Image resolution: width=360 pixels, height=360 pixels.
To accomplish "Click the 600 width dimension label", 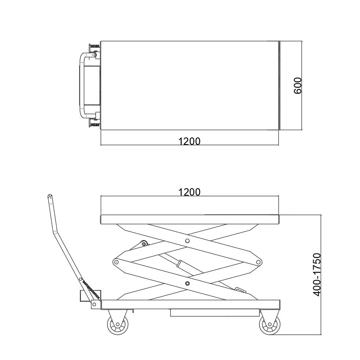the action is [x=298, y=86].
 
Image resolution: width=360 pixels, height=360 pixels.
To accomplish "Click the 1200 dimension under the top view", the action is [x=189, y=141].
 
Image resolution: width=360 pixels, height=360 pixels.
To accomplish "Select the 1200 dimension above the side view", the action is [x=189, y=192].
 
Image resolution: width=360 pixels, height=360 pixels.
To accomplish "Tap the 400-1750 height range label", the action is [x=317, y=274].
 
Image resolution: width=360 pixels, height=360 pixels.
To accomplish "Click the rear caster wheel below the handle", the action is [x=118, y=324].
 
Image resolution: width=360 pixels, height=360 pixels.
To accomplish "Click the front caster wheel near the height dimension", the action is [x=270, y=324].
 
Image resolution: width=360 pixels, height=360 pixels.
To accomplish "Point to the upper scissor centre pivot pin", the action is [x=187, y=241].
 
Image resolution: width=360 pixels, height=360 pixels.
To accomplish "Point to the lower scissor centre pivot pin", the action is [x=187, y=283].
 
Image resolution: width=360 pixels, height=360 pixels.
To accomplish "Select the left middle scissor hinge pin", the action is [x=116, y=262].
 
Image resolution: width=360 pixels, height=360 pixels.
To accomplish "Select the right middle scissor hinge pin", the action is [x=258, y=262].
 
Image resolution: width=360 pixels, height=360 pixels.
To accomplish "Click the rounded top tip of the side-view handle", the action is [x=50, y=196].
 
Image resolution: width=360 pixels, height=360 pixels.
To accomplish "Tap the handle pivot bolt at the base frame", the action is [x=94, y=305].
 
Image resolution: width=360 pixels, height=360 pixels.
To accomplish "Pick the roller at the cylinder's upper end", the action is [x=144, y=244].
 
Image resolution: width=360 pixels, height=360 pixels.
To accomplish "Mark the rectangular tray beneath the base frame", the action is [x=215, y=313].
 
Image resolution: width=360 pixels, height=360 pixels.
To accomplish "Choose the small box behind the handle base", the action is [x=90, y=296].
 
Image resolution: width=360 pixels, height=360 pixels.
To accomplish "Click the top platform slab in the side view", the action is [x=190, y=219].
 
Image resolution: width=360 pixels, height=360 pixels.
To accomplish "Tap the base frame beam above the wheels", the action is [x=191, y=305].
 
